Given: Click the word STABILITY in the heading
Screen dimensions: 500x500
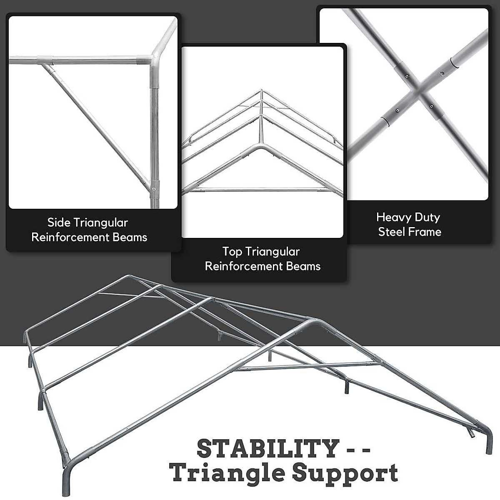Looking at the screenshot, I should point(267,449).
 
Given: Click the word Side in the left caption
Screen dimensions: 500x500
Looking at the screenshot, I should point(58,222).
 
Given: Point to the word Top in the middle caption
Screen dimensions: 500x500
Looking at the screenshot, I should point(232,252).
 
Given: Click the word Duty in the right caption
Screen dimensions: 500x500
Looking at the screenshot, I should point(427,217).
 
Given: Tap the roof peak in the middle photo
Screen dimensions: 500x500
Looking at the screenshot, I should point(261,90).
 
